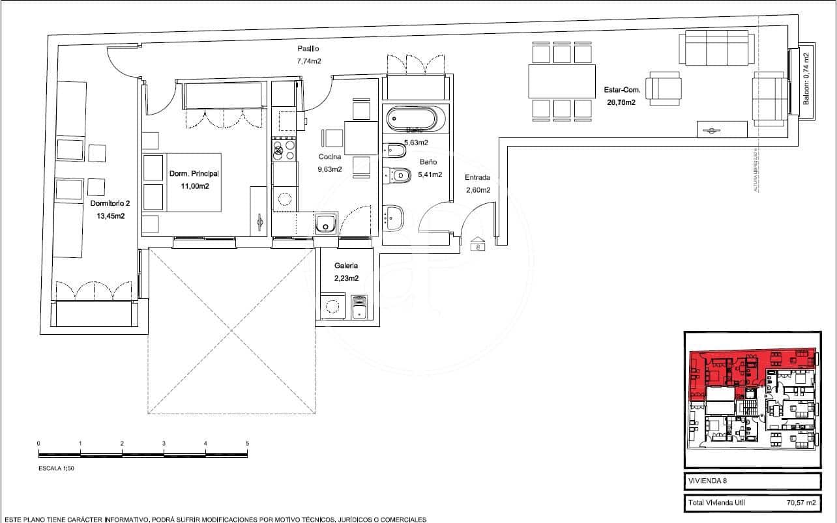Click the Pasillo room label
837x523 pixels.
pos(308,49)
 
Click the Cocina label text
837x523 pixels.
pos(329,157)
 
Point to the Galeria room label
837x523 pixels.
pos(346,266)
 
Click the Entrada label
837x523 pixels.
pos(477,178)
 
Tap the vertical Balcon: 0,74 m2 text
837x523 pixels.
pos(806,79)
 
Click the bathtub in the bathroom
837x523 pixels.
pos(415,119)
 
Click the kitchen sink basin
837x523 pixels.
pos(325,225)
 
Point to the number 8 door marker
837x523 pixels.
pos(478,246)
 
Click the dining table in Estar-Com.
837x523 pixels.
pos(561,81)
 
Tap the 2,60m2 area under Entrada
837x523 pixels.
pos(477,190)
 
